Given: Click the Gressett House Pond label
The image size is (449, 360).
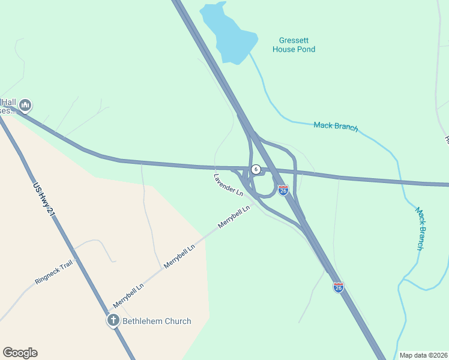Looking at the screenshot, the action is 294,45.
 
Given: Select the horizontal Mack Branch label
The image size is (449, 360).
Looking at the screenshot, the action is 336,127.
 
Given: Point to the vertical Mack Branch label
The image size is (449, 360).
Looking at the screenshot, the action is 421,229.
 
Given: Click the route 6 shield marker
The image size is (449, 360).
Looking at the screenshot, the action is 256,169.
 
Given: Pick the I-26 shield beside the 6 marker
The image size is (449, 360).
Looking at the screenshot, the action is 283,190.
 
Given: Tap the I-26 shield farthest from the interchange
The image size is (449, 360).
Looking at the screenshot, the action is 339,287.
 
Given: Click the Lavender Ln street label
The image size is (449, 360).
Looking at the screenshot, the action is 228,185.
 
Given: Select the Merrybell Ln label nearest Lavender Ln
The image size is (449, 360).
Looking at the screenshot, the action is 234,218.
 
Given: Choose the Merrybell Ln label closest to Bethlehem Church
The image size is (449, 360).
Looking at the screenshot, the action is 129,296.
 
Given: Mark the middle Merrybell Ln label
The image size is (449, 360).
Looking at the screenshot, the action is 180,256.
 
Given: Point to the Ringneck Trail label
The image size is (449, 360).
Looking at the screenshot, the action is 53,272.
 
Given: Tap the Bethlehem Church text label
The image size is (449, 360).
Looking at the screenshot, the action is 157,321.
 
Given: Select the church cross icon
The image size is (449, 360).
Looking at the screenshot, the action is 113,320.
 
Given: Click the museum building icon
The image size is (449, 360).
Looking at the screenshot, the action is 25,106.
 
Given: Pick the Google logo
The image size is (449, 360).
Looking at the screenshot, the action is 20,353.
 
